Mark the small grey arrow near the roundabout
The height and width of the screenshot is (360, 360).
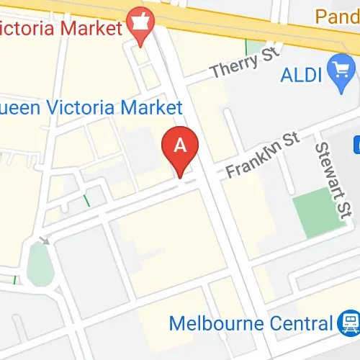45,240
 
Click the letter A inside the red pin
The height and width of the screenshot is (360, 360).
181,144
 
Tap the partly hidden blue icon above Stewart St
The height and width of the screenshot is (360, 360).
357,144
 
